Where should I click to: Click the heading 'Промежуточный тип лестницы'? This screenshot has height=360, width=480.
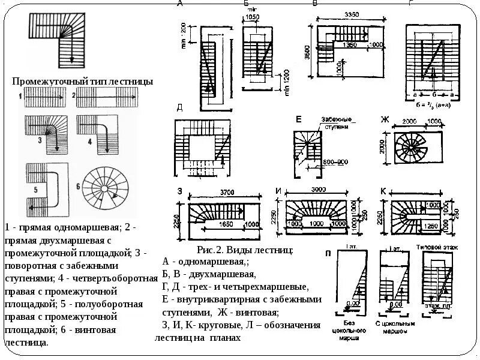pos(82,81)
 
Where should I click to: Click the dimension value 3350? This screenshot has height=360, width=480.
pos(344,14)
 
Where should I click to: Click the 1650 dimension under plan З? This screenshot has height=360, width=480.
pos(225,224)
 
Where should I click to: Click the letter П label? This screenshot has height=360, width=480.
pos(328,253)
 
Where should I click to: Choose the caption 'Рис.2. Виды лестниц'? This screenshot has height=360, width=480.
pos(244,250)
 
